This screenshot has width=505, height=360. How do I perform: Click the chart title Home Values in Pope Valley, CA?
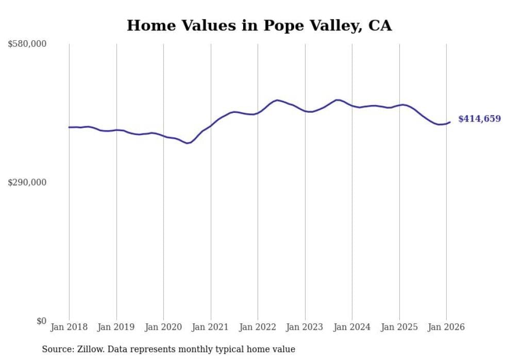[259, 25]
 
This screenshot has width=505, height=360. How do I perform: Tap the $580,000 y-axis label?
[27, 44]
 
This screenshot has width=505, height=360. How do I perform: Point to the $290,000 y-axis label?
[27, 182]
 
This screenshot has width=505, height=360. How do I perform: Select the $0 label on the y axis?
[41, 321]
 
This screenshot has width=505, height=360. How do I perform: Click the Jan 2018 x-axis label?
[69, 327]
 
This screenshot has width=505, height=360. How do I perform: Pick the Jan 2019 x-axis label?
[116, 327]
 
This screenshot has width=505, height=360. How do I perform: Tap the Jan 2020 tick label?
[163, 327]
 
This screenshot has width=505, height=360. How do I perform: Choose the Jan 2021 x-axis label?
[211, 327]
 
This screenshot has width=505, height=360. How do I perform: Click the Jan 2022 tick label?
[258, 327]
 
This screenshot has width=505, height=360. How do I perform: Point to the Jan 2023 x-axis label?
[305, 327]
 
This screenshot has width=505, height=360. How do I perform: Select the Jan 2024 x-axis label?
[352, 327]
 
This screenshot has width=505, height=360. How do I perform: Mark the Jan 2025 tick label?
[399, 327]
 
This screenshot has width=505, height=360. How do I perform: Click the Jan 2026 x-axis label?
[446, 327]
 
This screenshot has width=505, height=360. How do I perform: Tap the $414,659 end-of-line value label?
[479, 119]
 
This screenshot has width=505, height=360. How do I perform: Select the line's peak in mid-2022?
[277, 100]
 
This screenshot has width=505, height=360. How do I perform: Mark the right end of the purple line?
[450, 122]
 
